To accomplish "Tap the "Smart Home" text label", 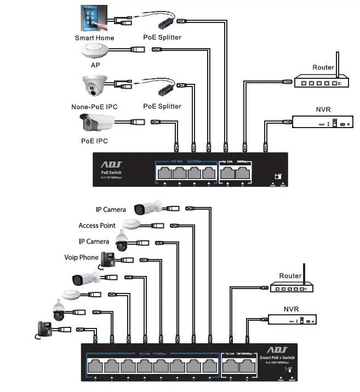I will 94,38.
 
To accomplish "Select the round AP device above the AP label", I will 95,52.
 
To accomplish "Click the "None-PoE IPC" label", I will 94,107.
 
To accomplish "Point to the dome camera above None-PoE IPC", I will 95,87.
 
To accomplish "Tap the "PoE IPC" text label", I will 94,141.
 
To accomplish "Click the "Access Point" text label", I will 96,226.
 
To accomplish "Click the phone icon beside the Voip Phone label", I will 108,260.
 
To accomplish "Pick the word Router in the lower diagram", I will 290,276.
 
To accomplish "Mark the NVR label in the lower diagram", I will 291,309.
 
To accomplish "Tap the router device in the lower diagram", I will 290,287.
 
